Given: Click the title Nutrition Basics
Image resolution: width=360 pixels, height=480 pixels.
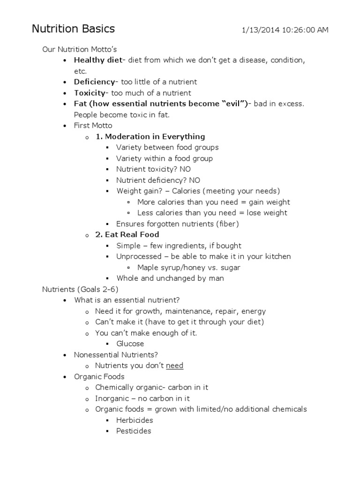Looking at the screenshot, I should (73, 29).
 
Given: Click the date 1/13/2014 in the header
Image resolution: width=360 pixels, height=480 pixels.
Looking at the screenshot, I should (260, 30).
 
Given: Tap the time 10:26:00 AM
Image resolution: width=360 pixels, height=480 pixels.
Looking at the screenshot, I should (305, 30).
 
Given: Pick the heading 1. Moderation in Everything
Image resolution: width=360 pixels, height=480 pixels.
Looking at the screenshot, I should (150, 136).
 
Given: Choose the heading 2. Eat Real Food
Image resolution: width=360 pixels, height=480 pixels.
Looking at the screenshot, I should (127, 234).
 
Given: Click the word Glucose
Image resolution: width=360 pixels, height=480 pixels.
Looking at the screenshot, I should (130, 344).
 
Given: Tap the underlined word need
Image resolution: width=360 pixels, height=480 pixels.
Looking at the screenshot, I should (174, 366).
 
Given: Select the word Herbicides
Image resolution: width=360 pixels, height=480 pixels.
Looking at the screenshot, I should (135, 420).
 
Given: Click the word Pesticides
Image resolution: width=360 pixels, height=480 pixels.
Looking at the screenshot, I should (134, 431).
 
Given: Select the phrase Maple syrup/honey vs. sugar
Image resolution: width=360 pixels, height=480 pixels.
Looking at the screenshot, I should (189, 268).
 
